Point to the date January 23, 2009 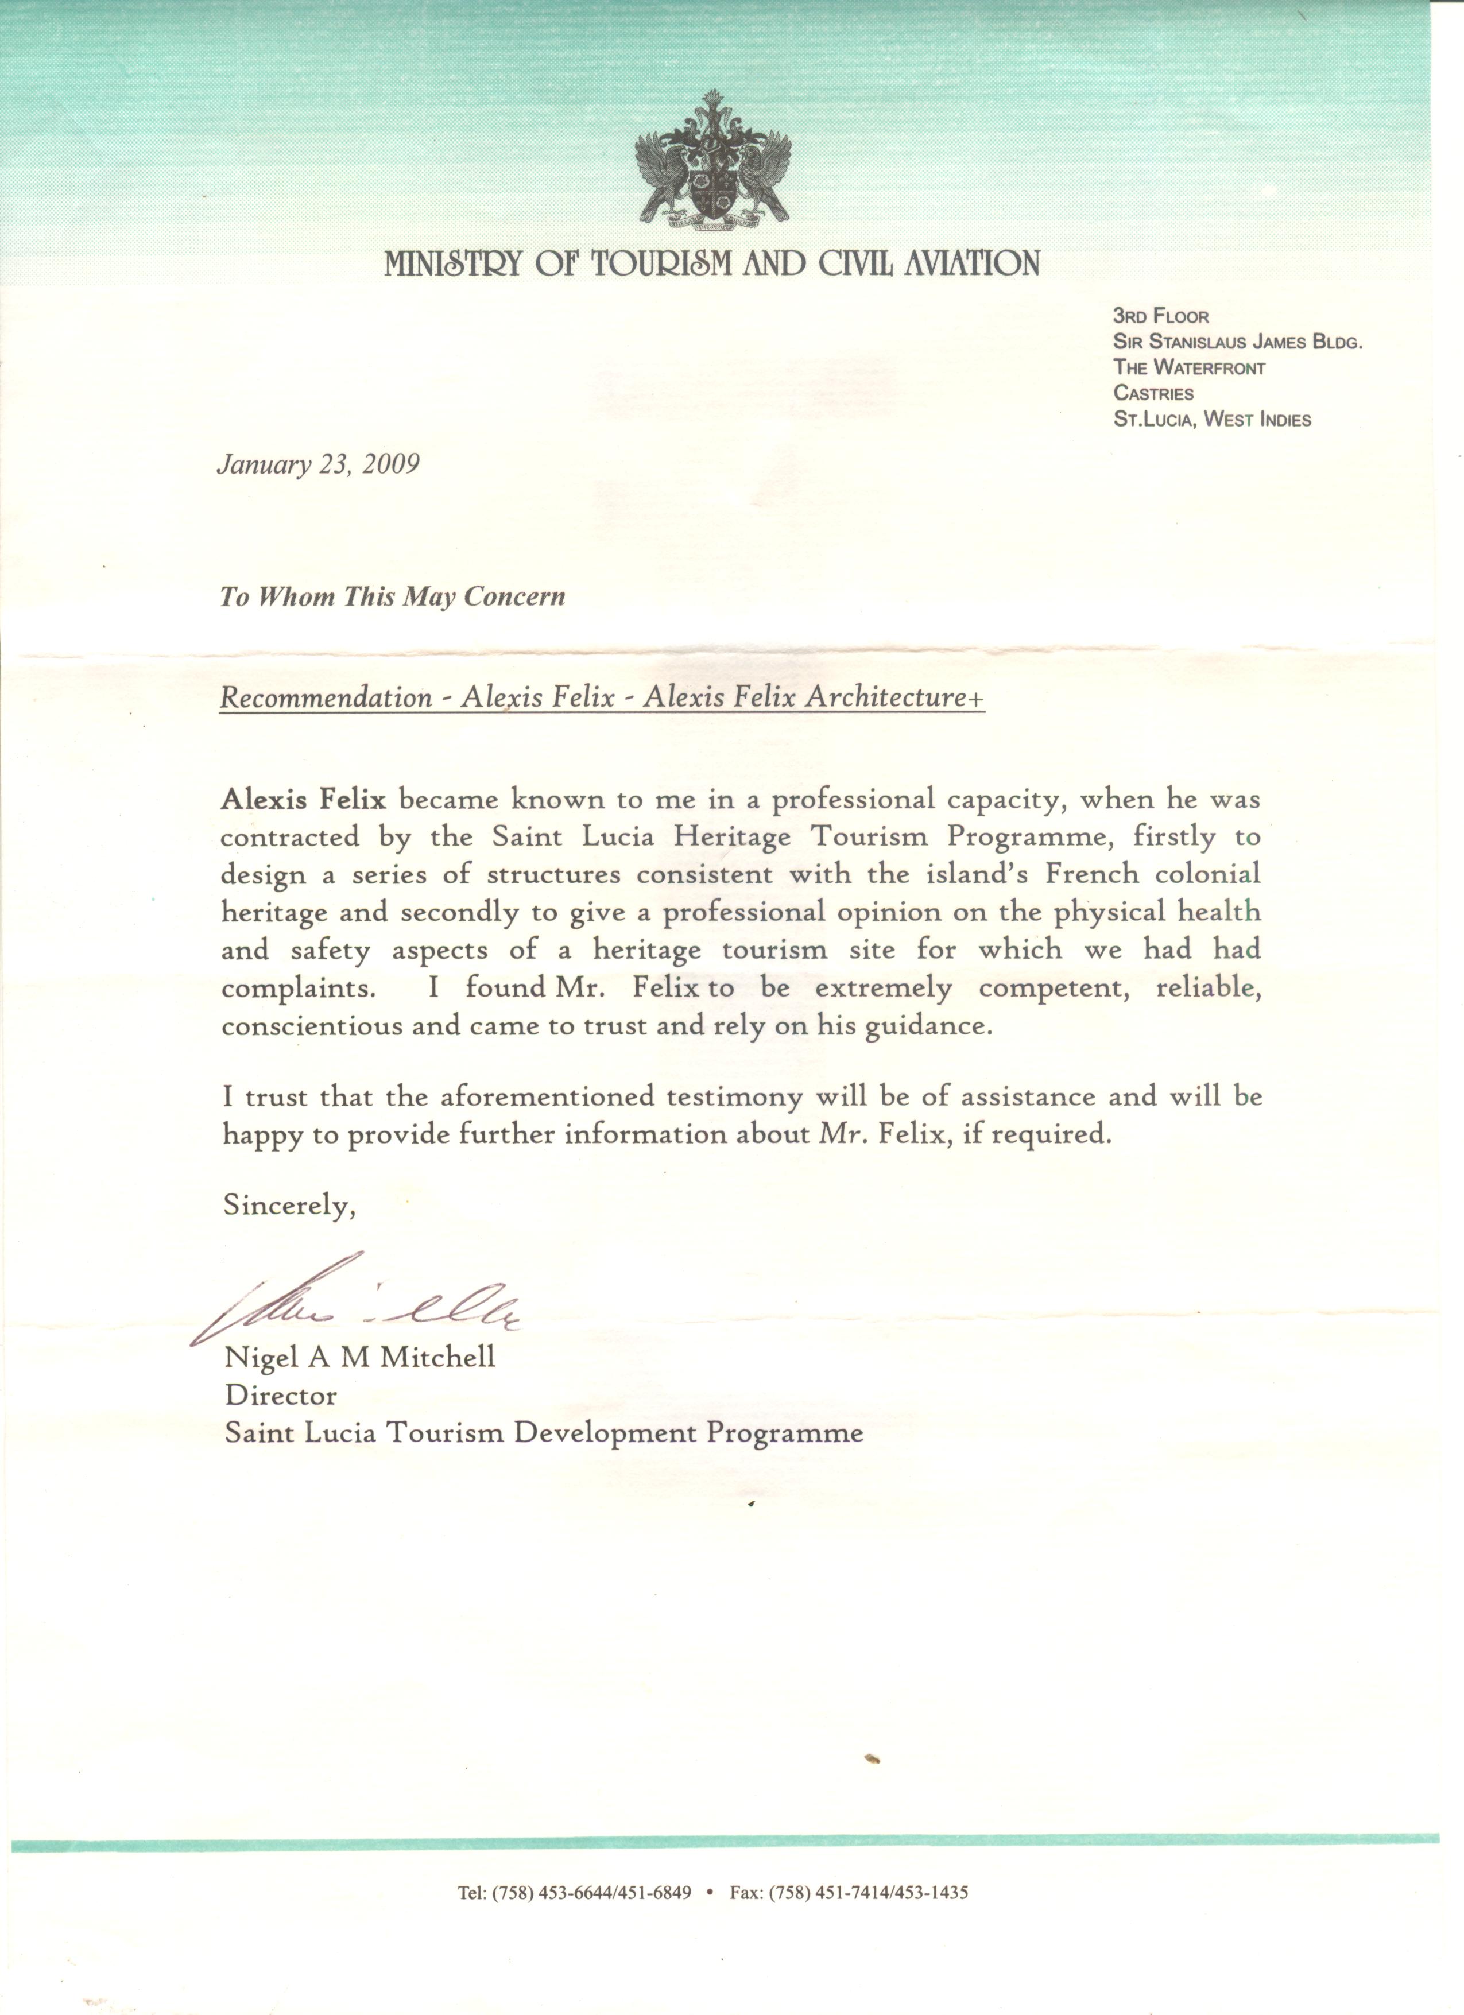click(317, 464)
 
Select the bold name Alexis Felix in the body click(304, 800)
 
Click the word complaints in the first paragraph click(289, 989)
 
